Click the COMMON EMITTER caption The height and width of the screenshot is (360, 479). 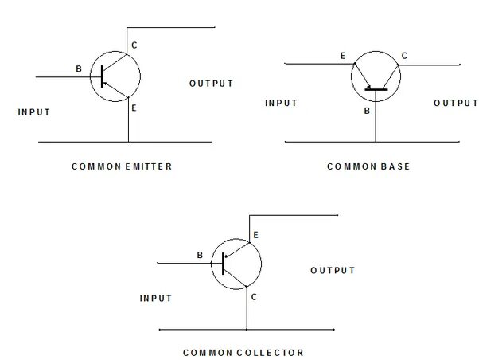point(121,167)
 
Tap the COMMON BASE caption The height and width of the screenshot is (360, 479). point(368,167)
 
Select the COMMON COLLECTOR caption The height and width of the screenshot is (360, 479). point(243,352)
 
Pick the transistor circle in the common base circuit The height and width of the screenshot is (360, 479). point(375,78)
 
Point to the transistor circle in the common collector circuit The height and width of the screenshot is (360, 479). point(237,264)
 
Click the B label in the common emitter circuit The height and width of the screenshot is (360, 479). point(79,69)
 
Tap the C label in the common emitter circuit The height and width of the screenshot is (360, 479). point(134,45)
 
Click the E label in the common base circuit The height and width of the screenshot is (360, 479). point(343,56)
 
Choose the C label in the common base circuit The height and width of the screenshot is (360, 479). point(404,56)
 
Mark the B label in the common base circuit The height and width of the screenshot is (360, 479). point(367,111)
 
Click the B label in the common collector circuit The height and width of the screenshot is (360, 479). point(199,256)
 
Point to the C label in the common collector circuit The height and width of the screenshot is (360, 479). point(254,297)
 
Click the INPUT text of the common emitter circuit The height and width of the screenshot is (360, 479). point(34,112)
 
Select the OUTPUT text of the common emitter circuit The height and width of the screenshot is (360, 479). point(212,84)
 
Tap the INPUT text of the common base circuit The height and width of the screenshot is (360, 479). point(281,103)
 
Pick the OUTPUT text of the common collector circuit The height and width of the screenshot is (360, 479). point(333,271)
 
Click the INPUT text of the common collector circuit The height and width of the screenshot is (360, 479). point(156,299)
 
